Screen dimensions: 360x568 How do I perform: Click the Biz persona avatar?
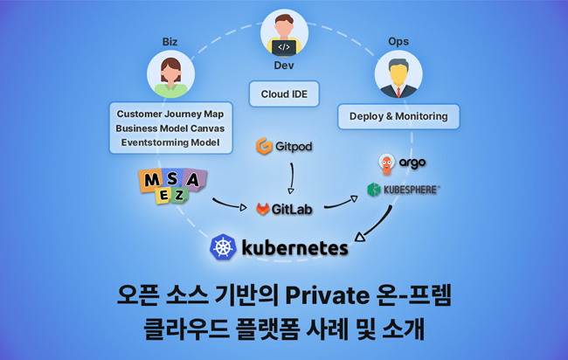point(170,73)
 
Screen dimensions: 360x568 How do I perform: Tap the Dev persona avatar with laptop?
point(284,33)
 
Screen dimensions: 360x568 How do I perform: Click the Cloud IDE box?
point(284,93)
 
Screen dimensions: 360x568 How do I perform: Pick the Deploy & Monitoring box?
point(398,115)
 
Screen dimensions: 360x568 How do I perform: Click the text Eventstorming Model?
point(170,142)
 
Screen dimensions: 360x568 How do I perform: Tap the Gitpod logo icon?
point(262,146)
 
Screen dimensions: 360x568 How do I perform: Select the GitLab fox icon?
point(263,209)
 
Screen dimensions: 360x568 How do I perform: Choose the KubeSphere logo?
point(403,189)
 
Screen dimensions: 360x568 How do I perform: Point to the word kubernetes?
point(294,249)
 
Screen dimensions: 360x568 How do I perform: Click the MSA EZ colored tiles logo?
point(173,186)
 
